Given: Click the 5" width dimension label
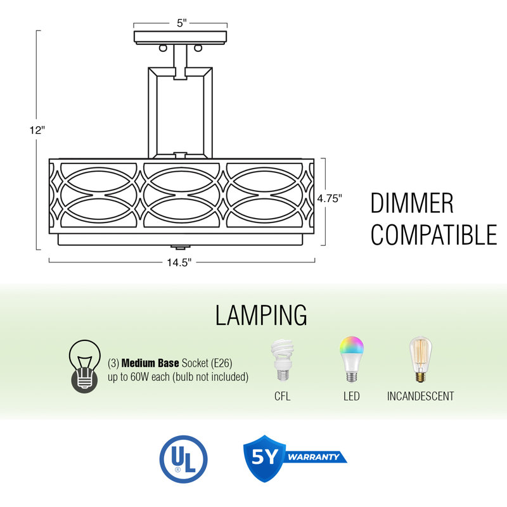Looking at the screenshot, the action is pyautogui.click(x=182, y=23).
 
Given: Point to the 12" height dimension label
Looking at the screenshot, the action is pyautogui.click(x=37, y=130).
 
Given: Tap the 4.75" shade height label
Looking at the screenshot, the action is pyautogui.click(x=330, y=198).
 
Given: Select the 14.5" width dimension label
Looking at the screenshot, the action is pyautogui.click(x=179, y=262).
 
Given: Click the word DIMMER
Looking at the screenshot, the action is pyautogui.click(x=412, y=203).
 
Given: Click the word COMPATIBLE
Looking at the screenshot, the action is pyautogui.click(x=433, y=234).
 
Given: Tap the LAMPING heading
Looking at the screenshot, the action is pyautogui.click(x=261, y=315).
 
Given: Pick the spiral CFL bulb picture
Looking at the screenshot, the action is pyautogui.click(x=282, y=359).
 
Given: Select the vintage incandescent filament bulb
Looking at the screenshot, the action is pyautogui.click(x=420, y=359).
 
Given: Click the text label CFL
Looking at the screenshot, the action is pyautogui.click(x=282, y=396).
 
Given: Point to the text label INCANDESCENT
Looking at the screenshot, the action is pyautogui.click(x=420, y=396).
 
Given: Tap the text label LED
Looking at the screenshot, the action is pyautogui.click(x=352, y=396).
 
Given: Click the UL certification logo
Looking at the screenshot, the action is pyautogui.click(x=183, y=459).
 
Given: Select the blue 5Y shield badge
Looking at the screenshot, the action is pyautogui.click(x=264, y=458).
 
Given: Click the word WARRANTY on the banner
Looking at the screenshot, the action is pyautogui.click(x=313, y=457).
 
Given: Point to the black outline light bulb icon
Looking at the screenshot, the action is pyautogui.click(x=84, y=366).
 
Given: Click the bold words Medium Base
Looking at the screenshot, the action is pyautogui.click(x=150, y=363).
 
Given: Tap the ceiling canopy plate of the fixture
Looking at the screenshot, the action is pyautogui.click(x=181, y=37).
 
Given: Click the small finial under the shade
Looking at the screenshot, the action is pyautogui.click(x=179, y=247).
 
